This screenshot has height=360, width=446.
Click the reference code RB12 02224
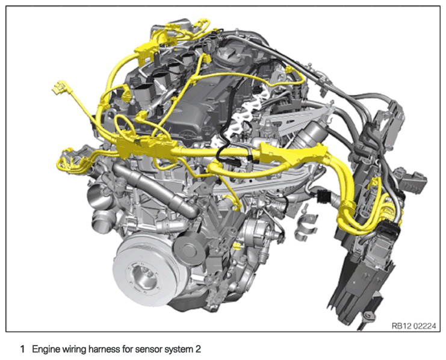413,326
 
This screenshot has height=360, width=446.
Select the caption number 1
22,349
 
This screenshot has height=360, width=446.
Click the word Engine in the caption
45,349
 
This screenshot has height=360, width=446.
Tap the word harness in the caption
105,349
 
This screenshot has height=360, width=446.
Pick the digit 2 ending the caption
198,349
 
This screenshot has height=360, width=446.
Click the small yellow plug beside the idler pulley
236,246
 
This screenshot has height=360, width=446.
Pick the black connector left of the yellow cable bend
323,196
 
